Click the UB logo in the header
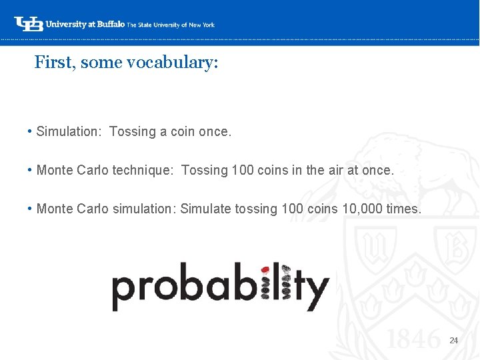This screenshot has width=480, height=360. coord(29,24)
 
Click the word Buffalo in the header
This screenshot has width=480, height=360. coord(110,24)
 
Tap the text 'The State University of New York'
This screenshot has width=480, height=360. coord(171,25)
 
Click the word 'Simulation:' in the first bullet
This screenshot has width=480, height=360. coord(67,132)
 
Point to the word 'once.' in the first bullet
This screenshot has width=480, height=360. coord(215,132)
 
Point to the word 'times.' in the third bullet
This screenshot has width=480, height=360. coord(404,209)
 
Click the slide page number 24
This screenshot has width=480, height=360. coord(454,341)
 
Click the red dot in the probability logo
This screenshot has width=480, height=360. coord(265,270)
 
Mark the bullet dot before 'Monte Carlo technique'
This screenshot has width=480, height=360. coord(31,170)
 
